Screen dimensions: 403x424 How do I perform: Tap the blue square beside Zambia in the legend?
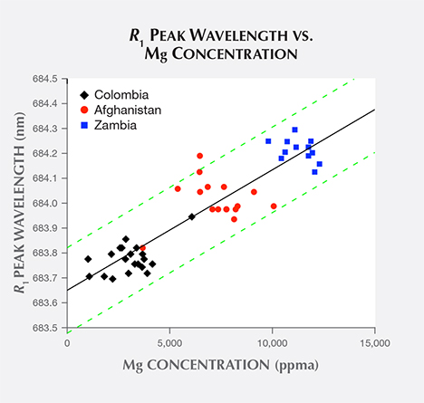coord(85,125)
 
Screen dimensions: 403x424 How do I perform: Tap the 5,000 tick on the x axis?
coord(170,342)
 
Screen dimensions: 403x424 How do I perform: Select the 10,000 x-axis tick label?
coord(272,342)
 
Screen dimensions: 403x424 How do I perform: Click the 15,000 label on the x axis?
coord(374,342)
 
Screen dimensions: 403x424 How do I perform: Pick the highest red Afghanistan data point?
coord(200,156)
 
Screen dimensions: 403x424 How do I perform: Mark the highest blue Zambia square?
coord(294,130)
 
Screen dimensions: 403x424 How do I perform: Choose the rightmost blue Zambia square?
coord(319,164)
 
